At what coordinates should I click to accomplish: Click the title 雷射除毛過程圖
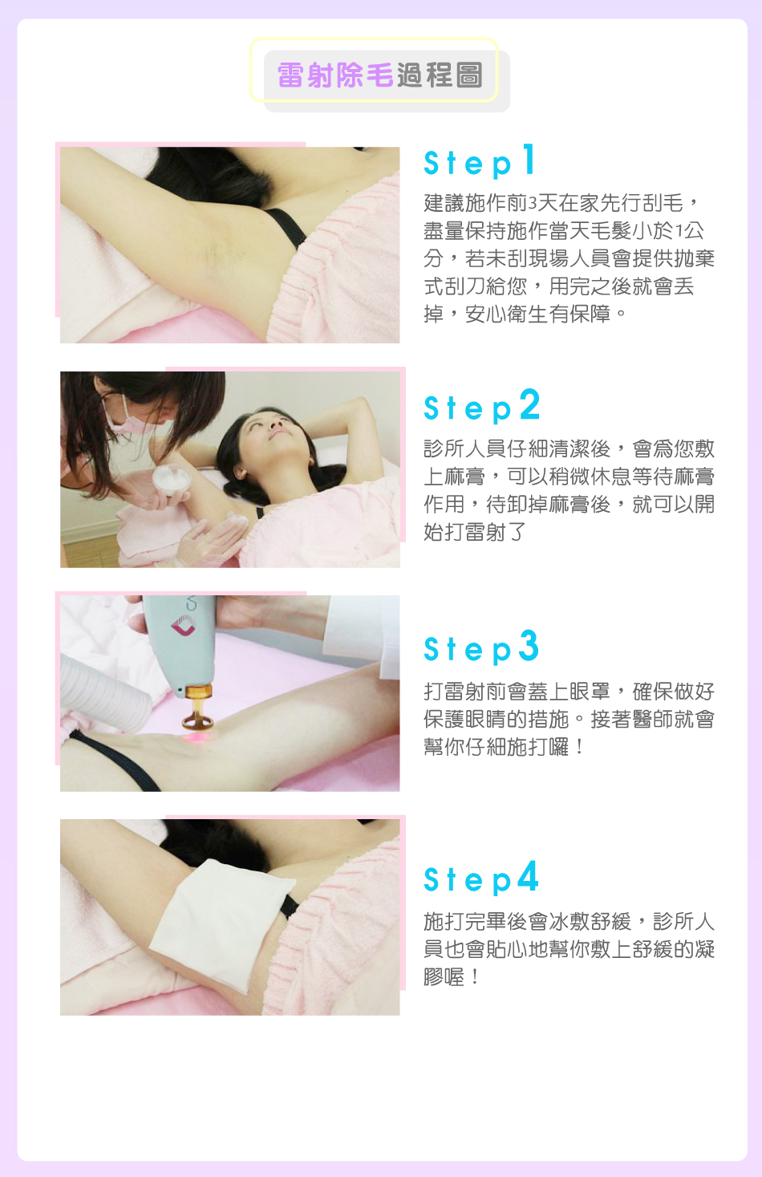(x=379, y=75)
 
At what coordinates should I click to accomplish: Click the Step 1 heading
(x=480, y=160)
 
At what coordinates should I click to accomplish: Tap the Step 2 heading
(x=481, y=406)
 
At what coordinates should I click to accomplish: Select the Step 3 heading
(x=481, y=647)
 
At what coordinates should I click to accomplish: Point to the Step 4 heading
(x=481, y=878)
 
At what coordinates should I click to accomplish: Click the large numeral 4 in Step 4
(x=527, y=875)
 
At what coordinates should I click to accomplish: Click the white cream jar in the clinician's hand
(x=171, y=480)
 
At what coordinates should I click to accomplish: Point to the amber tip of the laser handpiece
(x=197, y=707)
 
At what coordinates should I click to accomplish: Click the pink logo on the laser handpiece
(x=184, y=625)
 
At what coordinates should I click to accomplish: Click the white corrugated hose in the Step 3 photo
(x=105, y=692)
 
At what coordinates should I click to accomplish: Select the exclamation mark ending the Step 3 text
(x=579, y=747)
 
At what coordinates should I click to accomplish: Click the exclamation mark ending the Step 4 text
(x=475, y=977)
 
